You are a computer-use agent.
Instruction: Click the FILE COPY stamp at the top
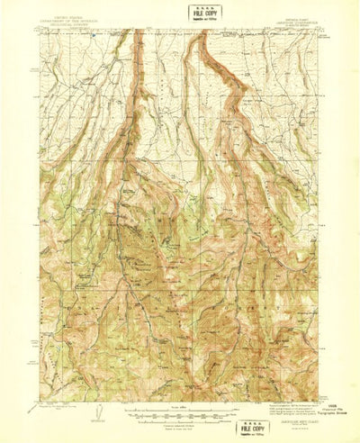pyautogui.click(x=201, y=14)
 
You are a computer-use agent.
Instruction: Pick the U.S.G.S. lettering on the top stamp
pyautogui.click(x=201, y=6)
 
